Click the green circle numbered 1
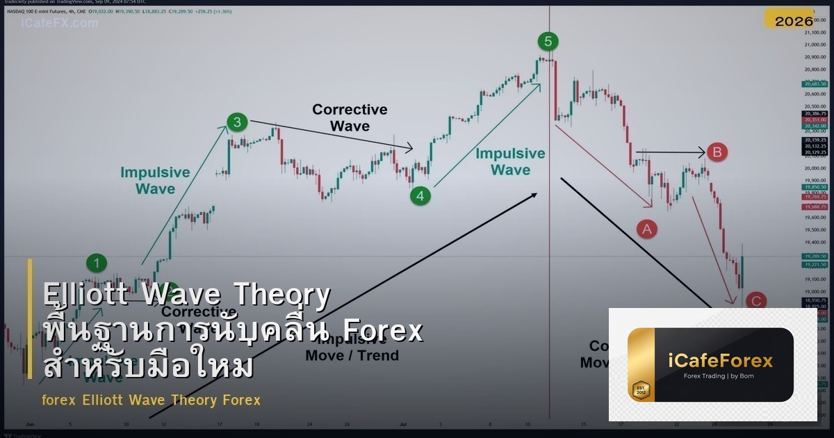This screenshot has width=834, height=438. (97, 263)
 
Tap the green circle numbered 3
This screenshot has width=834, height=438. (237, 122)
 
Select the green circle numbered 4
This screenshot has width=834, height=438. (420, 196)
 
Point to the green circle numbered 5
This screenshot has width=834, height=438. (548, 42)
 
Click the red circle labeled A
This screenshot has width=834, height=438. (647, 228)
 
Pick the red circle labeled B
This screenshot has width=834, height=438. (718, 152)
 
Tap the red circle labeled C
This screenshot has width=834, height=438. (755, 301)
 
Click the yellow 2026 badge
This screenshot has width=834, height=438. (794, 21)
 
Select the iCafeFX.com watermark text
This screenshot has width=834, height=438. (60, 23)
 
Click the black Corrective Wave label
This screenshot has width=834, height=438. (350, 117)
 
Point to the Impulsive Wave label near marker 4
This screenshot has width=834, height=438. (510, 161)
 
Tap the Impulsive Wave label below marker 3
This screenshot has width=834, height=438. (155, 180)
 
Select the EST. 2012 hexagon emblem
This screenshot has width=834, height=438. (640, 390)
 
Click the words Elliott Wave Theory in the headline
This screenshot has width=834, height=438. (186, 295)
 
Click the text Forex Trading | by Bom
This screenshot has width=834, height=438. (718, 377)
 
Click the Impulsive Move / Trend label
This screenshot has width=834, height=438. (352, 348)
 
